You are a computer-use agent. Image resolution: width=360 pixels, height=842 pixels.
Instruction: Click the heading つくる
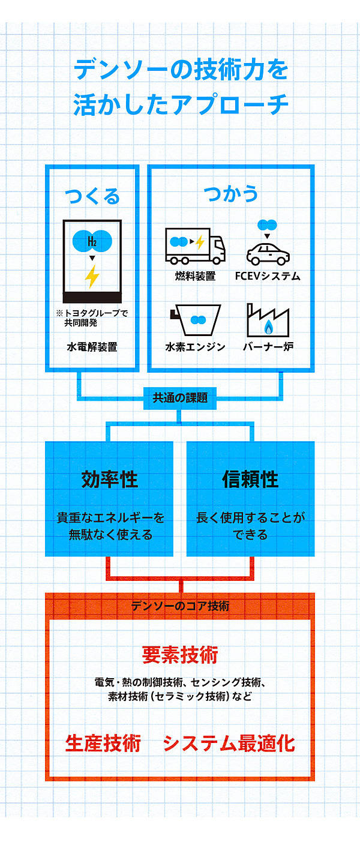click(92, 196)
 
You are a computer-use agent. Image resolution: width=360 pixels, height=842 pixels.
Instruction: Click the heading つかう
click(231, 194)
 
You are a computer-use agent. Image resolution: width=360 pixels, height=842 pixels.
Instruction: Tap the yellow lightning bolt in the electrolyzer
click(92, 277)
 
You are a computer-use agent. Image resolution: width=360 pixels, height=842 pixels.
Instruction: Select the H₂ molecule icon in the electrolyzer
click(92, 242)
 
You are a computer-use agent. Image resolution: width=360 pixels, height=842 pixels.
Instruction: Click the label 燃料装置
click(196, 276)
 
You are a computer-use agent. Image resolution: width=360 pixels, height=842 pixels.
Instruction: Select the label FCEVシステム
click(268, 276)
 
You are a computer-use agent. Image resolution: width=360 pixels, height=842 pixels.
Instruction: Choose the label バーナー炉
click(268, 347)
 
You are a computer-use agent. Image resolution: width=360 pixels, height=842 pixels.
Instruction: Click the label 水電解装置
click(92, 347)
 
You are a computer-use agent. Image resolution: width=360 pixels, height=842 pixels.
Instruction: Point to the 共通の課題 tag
click(180, 397)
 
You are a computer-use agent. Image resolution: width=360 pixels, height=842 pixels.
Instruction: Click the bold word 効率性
click(109, 480)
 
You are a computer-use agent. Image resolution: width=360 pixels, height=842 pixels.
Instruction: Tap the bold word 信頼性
click(250, 480)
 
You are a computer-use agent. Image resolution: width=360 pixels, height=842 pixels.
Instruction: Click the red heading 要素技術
click(180, 655)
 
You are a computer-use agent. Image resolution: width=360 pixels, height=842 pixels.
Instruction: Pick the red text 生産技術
click(103, 743)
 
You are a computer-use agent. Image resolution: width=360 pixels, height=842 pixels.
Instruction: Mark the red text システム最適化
click(229, 743)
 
